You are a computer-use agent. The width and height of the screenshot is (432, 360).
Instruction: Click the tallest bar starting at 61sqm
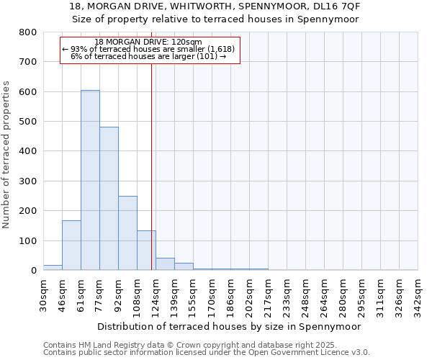90,180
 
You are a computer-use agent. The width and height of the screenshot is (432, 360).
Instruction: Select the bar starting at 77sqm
109,199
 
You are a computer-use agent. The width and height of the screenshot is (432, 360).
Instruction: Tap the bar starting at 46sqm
71,246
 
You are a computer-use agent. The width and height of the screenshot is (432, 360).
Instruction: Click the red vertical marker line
151,166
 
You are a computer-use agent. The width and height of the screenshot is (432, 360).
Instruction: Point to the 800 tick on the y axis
27,32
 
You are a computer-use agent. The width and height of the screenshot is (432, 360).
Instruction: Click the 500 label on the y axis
27,122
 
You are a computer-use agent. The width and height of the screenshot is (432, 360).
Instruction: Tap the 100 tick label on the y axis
27,240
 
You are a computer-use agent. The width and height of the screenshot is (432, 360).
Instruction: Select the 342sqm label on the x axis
418,295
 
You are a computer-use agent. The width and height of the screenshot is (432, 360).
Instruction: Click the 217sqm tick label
268,295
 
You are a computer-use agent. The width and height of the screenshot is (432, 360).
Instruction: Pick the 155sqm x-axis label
193,295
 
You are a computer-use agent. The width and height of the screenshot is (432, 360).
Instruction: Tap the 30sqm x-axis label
43,295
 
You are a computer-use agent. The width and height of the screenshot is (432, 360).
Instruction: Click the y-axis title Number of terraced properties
6,155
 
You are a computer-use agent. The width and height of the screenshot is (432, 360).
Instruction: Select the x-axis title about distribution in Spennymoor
230,326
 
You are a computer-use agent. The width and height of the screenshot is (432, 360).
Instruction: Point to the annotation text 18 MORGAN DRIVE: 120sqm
148,42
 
